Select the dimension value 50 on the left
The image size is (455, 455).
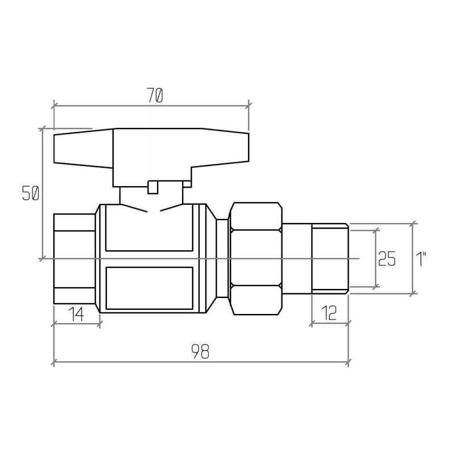pos(31,193)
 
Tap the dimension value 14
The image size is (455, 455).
pos(77,315)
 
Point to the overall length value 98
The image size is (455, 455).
pos(200,351)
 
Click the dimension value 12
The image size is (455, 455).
pos(329,313)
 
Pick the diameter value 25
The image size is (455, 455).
pos(387,259)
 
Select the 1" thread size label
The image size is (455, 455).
pos(421,259)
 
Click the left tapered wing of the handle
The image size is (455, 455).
pos(84,148)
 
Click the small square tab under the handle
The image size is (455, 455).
pos(152,187)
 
